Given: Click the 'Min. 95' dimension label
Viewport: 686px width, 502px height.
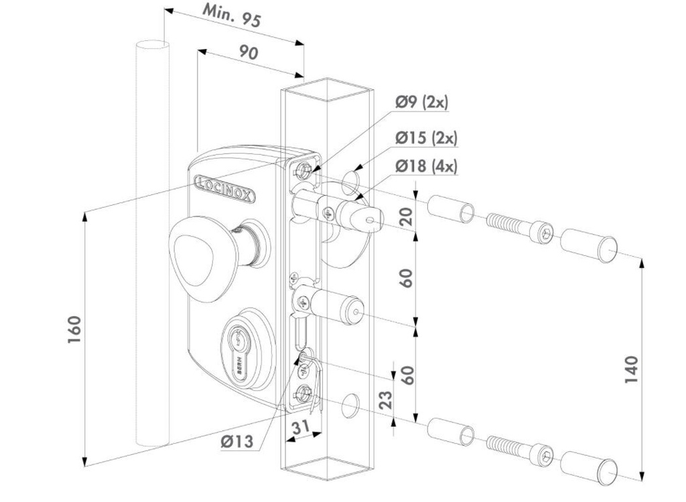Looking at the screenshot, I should pos(232,16).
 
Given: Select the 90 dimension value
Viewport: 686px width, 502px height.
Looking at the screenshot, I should pos(249,53).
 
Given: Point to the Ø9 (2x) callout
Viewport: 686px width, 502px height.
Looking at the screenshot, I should pos(421,103).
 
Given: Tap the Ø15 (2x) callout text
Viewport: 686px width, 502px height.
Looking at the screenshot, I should pos(425,138).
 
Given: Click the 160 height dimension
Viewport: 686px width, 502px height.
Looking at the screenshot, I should pos(74,329).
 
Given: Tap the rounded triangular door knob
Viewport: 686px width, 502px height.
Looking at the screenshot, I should pos(198,251).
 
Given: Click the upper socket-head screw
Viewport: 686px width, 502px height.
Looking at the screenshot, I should pos(519,227).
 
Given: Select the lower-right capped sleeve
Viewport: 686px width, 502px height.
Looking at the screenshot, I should pos(588,468).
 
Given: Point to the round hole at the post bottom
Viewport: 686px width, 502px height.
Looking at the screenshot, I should pos(350,403).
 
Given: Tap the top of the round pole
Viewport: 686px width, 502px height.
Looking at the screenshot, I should pos(152,45).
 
